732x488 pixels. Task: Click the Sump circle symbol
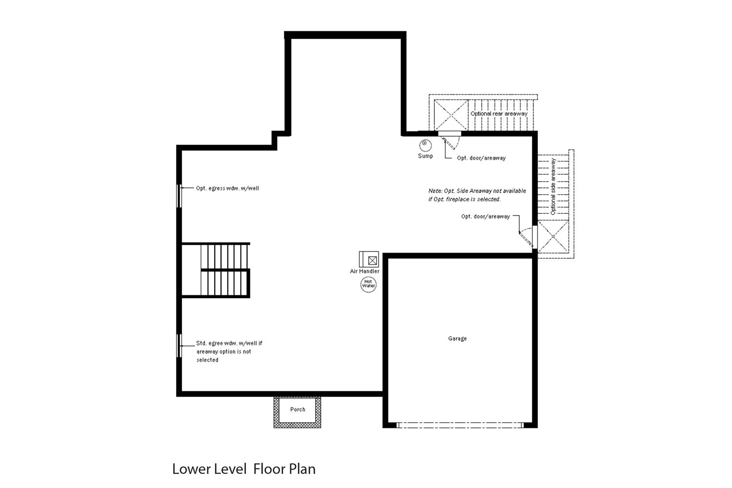pos(425,145)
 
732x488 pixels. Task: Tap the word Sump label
pos(425,156)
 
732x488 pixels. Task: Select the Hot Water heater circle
pos(368,284)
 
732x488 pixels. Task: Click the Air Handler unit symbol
pos(369,260)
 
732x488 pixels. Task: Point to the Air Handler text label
pos(365,271)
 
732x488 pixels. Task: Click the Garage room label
pos(457,339)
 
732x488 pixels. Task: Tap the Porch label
pos(298,410)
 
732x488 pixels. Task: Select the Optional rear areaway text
pos(499,114)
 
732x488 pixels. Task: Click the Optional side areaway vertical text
pos(553,186)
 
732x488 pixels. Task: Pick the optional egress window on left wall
pos(179,196)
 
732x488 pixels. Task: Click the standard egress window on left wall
pos(179,346)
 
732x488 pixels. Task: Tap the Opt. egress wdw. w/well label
pos(227,188)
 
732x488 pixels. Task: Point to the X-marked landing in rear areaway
pos(451,115)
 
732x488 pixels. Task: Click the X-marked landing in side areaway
pos(553,237)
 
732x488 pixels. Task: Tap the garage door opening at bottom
pos(460,426)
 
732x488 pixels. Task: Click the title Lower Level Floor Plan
pos(244,469)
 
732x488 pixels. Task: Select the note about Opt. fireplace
pos(477,195)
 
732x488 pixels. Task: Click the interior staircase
pos(224,270)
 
